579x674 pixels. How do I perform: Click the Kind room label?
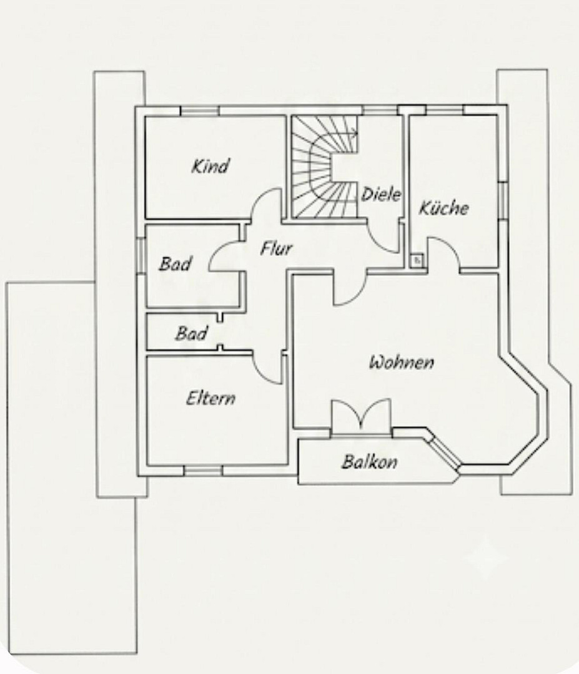coord(210,167)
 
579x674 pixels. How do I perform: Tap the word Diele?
coord(381,194)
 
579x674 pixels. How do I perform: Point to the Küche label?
coord(443,208)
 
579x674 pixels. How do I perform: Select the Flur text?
coord(276,248)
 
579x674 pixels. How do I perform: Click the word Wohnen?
coord(402,363)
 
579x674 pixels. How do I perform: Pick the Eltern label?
coord(210,398)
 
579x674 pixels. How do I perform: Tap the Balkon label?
coord(370,462)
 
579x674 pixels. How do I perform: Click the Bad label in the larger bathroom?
coord(175,263)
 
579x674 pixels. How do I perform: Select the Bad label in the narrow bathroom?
coord(191,333)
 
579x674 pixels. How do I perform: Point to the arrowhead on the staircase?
coord(354,134)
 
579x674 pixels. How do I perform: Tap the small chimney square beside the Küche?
coord(416,260)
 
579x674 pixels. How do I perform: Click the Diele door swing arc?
coord(379,243)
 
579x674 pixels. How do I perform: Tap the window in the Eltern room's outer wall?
coord(203,471)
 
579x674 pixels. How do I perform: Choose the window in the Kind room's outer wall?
coord(200,111)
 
